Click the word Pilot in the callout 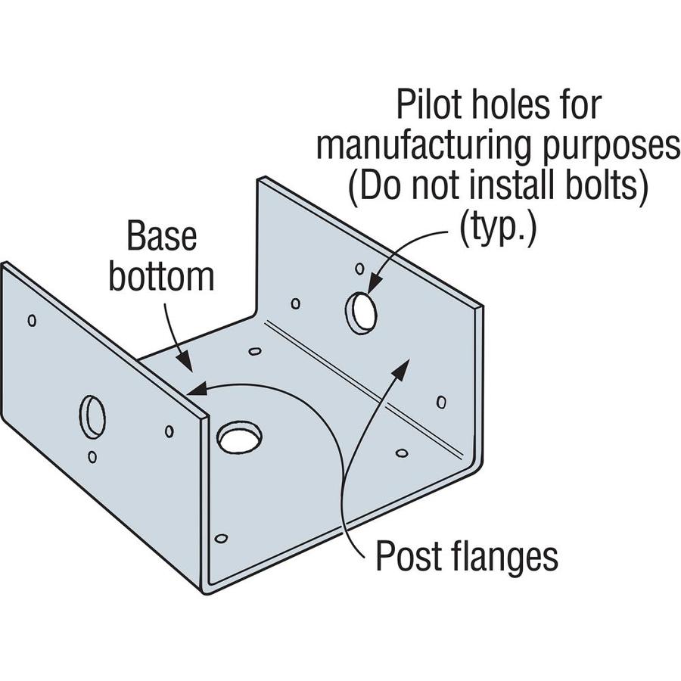pos(428,105)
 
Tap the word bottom pos(161,277)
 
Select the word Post pos(409,558)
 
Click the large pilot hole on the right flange pos(362,312)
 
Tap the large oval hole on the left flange pos(92,416)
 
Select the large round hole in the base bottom pos(239,437)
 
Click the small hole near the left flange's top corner pos(32,319)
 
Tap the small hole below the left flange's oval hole pos(92,457)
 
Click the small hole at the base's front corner pos(221,538)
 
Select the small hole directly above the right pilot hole pos(359,269)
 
